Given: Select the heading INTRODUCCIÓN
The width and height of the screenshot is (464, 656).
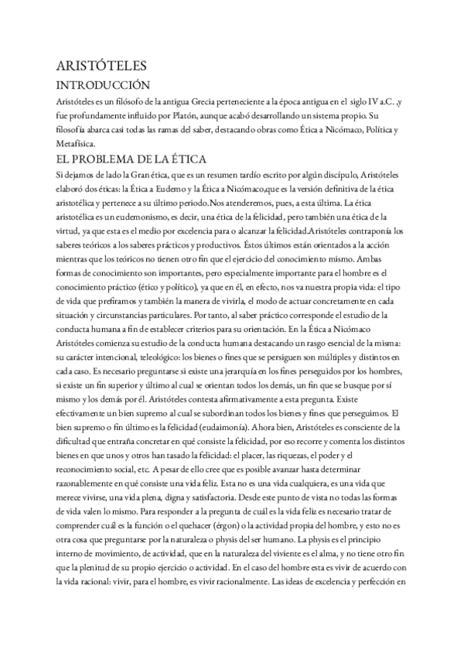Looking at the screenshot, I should tap(104, 84).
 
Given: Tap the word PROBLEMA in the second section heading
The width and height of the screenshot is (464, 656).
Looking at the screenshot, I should tap(122, 159).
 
